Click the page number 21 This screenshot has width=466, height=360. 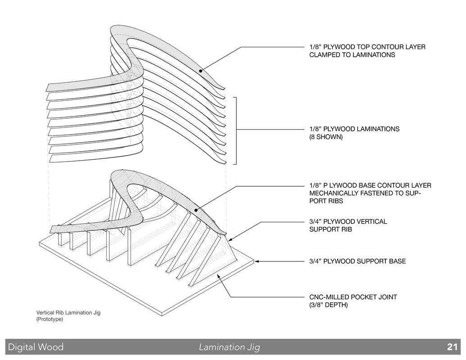coord(452,347)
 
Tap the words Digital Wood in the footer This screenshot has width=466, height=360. coord(36,347)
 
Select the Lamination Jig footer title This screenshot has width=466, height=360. coord(230,347)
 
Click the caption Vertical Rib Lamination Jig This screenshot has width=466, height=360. coord(68,312)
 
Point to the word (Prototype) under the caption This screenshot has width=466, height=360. coord(50,319)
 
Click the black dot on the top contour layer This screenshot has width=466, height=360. coord(201,71)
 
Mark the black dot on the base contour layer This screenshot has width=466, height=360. coord(196,210)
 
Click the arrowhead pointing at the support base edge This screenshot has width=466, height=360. coord(257,261)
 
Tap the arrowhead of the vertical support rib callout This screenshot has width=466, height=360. coord(230,238)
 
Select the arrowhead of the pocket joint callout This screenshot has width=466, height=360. coord(218,276)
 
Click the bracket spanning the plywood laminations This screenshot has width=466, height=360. coord(236,130)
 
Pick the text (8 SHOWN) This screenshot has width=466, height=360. coord(326,137)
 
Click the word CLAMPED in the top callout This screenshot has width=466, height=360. coord(324,55)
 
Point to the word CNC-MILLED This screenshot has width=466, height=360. coord(329,297)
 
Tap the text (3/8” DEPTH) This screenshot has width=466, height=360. coord(328,305)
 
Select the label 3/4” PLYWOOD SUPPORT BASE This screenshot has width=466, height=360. coord(357,261)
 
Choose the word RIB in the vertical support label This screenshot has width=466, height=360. coord(347,229)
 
